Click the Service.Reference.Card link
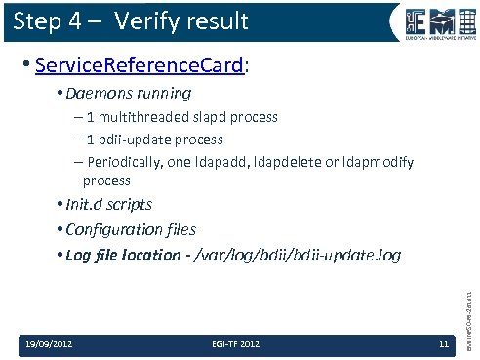(x=138, y=66)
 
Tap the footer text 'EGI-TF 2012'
(x=235, y=342)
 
